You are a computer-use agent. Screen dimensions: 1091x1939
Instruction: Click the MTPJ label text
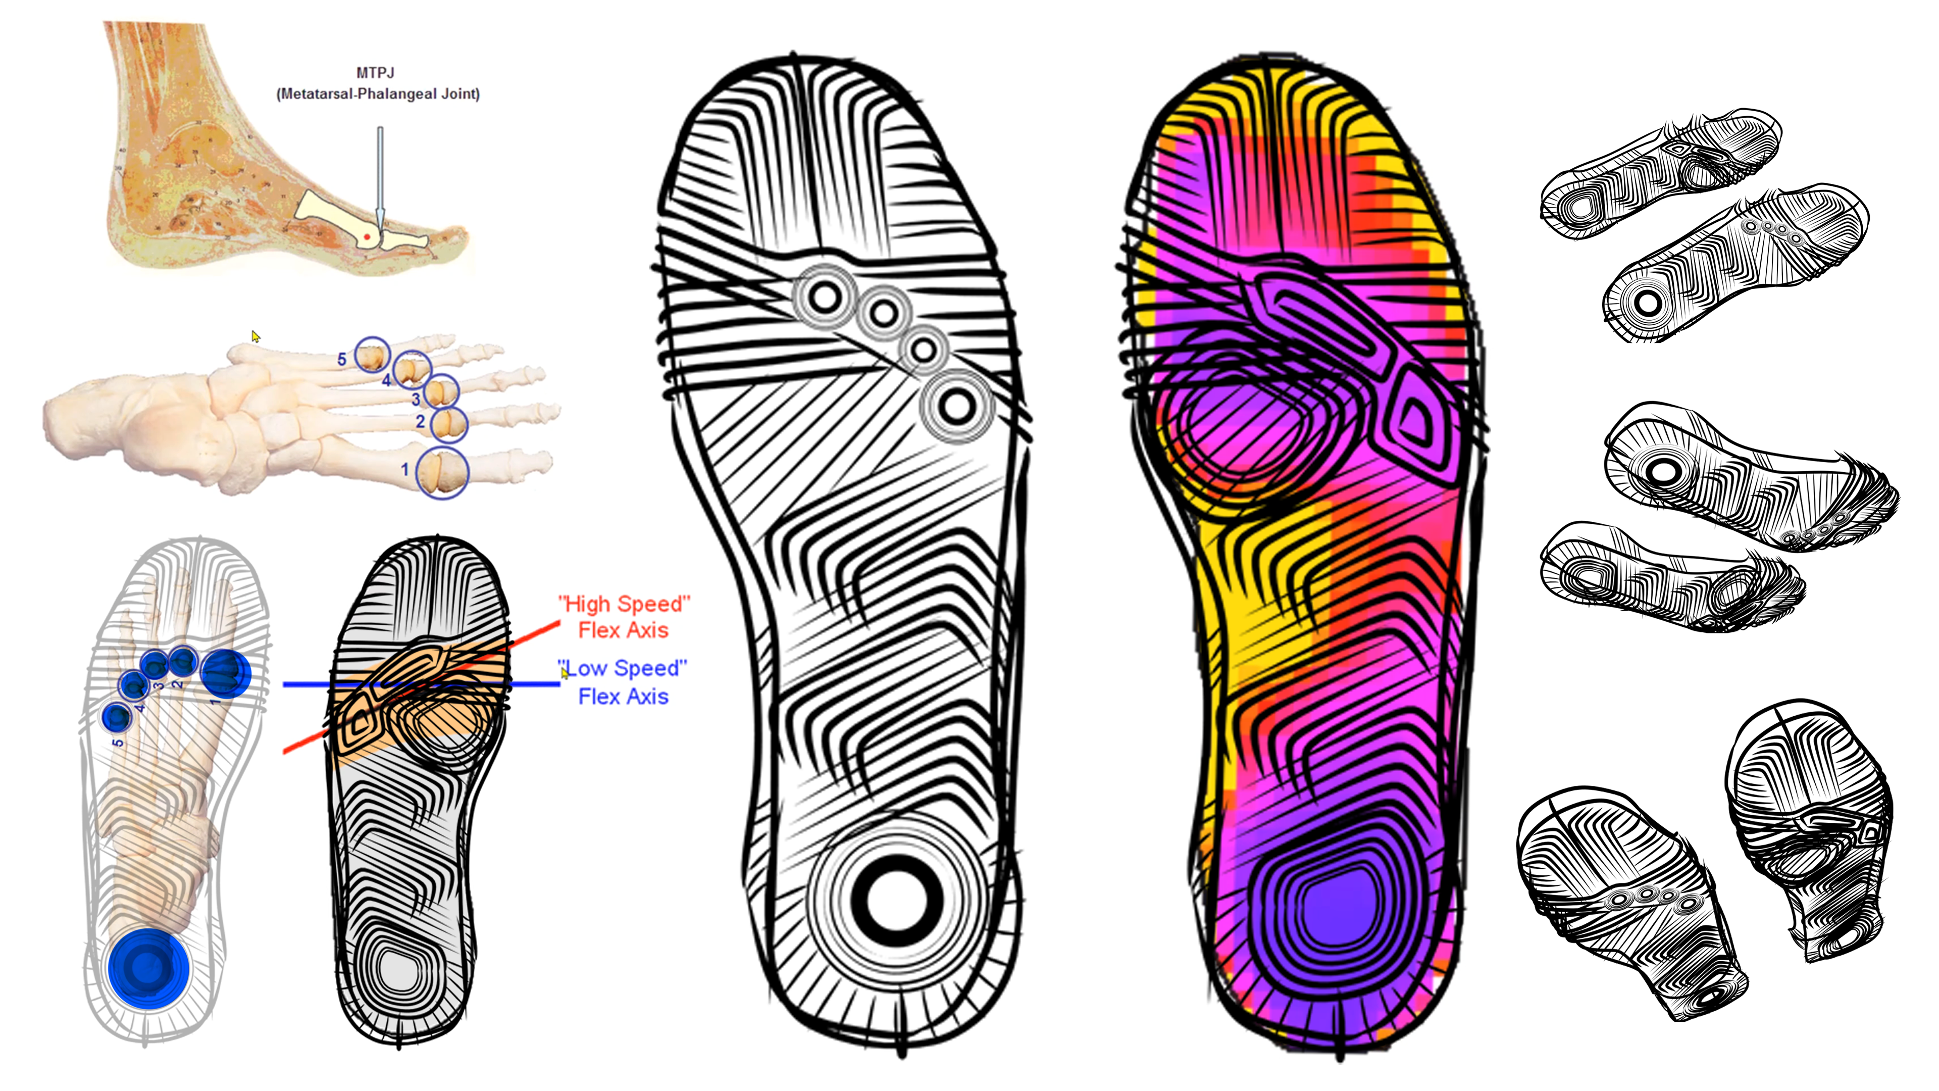click(375, 73)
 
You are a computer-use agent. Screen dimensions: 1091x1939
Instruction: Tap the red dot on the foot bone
click(367, 237)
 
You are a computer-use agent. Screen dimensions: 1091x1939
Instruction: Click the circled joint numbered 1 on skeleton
click(443, 472)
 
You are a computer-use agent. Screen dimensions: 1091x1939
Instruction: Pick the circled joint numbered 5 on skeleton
click(372, 355)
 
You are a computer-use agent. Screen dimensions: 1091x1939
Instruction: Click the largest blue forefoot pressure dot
click(226, 672)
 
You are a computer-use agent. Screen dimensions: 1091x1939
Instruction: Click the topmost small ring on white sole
click(825, 296)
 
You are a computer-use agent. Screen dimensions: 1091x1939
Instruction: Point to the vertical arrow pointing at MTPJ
click(379, 177)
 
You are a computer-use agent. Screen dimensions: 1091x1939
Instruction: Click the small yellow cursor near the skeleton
click(255, 336)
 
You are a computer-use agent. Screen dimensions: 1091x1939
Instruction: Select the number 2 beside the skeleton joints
click(420, 422)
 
